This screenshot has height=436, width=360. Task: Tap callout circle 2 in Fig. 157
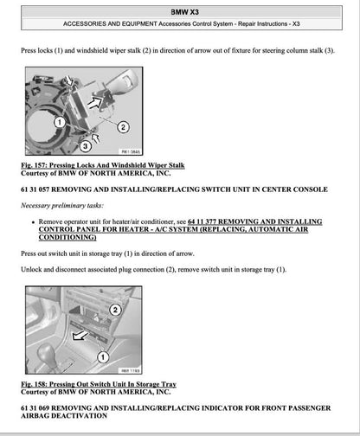[122, 126]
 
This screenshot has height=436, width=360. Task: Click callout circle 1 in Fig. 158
[103, 356]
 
